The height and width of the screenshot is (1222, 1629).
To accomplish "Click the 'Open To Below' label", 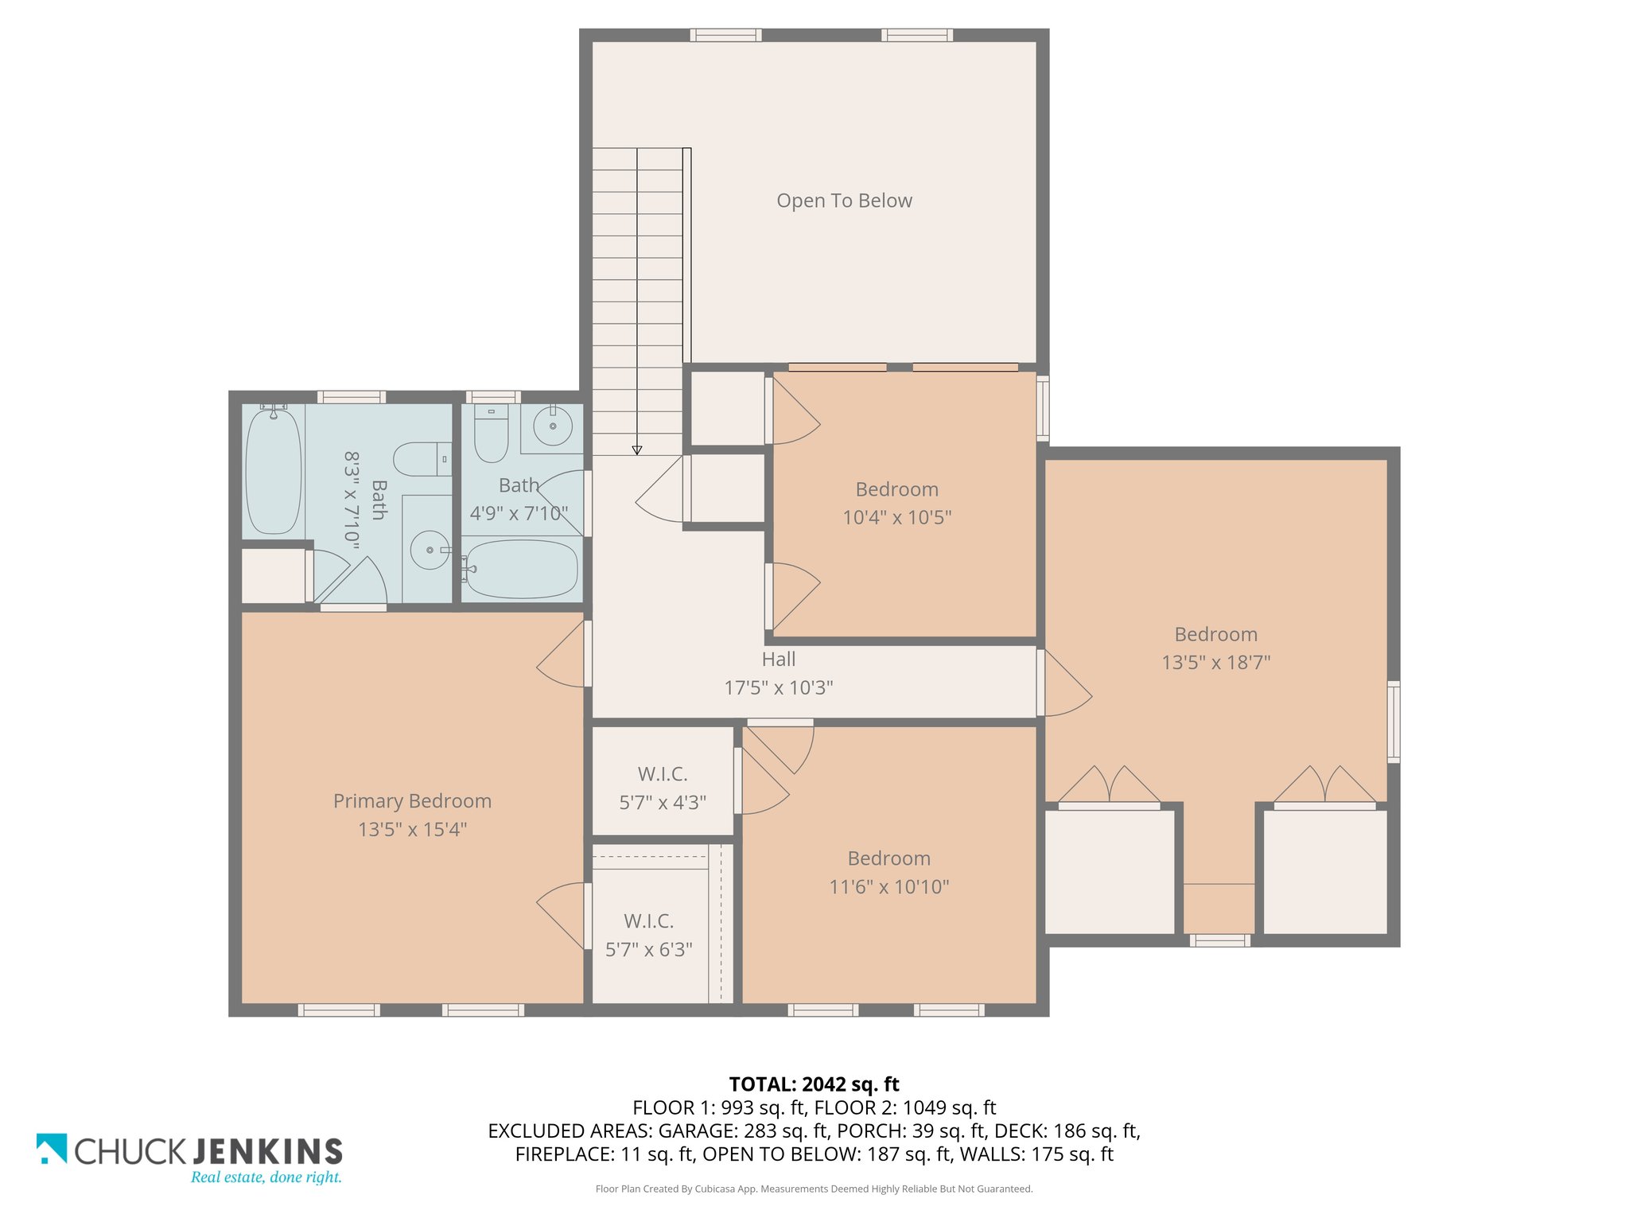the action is pyautogui.click(x=844, y=200).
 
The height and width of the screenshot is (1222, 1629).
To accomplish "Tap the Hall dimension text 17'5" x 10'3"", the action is pyautogui.click(x=778, y=687).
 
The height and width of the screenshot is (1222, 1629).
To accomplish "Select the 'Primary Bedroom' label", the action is pyautogui.click(x=412, y=801).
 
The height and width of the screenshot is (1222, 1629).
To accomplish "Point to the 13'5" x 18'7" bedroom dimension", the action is pyautogui.click(x=1215, y=662).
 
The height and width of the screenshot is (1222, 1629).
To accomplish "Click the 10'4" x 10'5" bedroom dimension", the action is pyautogui.click(x=896, y=517).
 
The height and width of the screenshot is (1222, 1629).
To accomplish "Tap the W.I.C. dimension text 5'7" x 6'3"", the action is pyautogui.click(x=648, y=949).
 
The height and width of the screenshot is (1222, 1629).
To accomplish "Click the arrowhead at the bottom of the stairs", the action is pyautogui.click(x=637, y=450).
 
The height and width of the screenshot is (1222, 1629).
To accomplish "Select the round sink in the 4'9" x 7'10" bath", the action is pyautogui.click(x=553, y=426).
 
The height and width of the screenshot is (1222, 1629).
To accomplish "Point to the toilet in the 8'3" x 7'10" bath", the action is pyautogui.click(x=422, y=459).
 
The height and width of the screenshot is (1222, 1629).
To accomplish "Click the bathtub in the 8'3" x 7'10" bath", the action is pyautogui.click(x=273, y=470).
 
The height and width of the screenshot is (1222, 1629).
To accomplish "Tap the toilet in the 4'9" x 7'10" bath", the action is pyautogui.click(x=491, y=434).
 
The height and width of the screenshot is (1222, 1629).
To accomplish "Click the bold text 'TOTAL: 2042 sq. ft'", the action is pyautogui.click(x=814, y=1084).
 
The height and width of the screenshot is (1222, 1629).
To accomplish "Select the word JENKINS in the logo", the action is pyautogui.click(x=268, y=1151).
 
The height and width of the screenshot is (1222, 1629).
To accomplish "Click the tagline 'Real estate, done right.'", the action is pyautogui.click(x=266, y=1177).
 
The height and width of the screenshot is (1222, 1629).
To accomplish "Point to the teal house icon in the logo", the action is pyautogui.click(x=52, y=1148).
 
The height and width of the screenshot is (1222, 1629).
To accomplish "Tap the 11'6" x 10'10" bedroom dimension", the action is pyautogui.click(x=888, y=886).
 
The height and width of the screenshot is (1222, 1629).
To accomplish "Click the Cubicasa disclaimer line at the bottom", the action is pyautogui.click(x=814, y=1189).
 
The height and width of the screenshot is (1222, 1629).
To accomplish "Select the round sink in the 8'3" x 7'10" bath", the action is pyautogui.click(x=430, y=550).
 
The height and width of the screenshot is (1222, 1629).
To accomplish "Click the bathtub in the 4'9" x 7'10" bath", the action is pyautogui.click(x=521, y=569).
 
